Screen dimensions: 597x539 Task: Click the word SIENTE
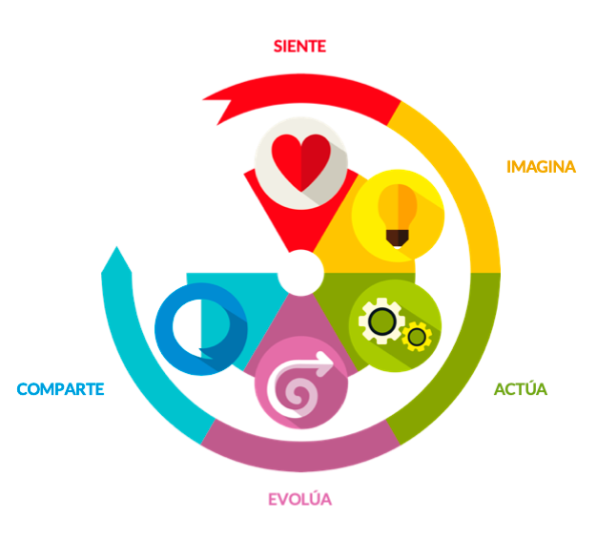[299, 46]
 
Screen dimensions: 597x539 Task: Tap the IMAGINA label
[541, 167]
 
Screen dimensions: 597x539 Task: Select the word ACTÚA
[521, 388]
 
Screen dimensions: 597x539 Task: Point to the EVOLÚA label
[300, 498]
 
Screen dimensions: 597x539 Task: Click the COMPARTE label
[60, 389]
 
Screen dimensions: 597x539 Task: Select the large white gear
[381, 321]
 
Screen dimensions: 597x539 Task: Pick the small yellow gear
[417, 337]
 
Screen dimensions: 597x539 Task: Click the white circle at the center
[300, 273]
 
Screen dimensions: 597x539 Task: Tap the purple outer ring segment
[300, 456]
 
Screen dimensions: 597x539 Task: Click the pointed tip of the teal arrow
[117, 247]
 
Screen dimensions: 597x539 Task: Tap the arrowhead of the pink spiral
[325, 363]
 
